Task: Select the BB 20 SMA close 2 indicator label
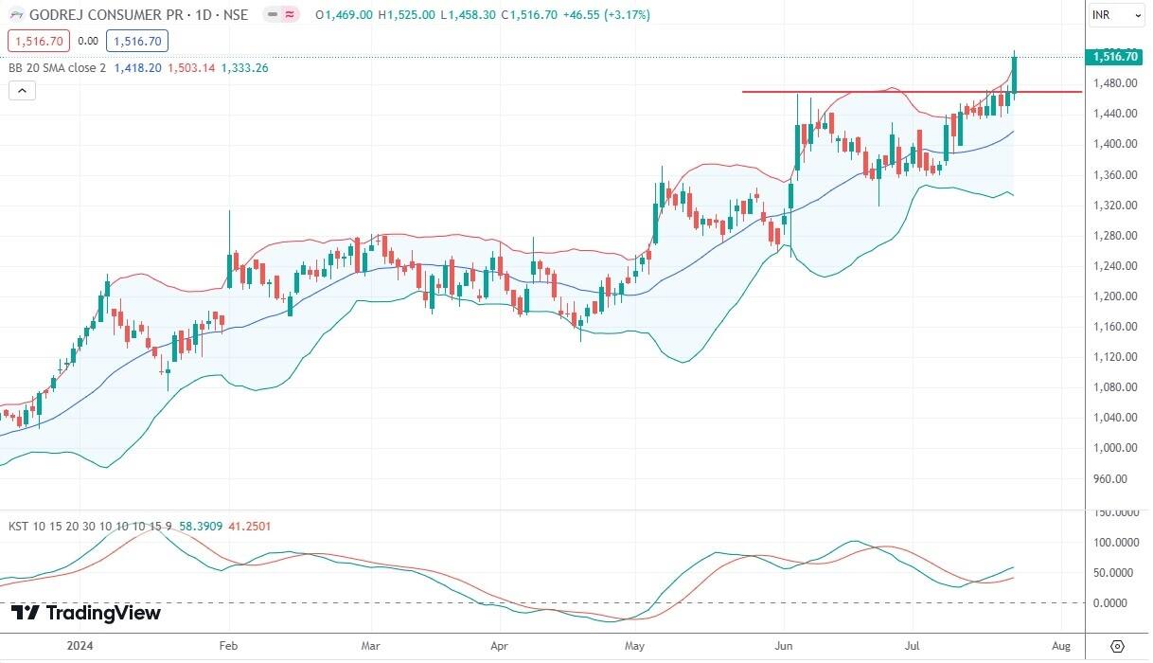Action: (x=57, y=68)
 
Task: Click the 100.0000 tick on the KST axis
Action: (x=1114, y=543)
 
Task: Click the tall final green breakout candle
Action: (x=1015, y=76)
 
